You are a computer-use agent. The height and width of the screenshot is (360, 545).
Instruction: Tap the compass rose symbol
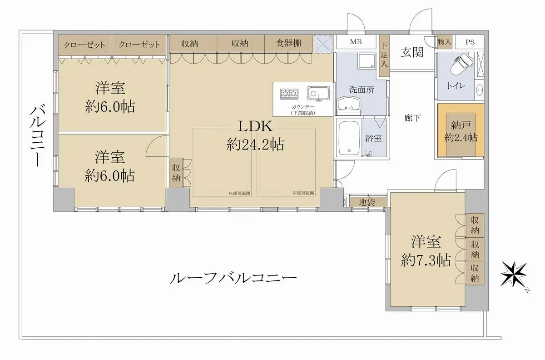click(x=514, y=275)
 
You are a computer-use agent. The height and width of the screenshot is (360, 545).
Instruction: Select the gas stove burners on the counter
click(x=289, y=94)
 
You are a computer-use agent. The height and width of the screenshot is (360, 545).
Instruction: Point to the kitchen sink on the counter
click(x=318, y=94)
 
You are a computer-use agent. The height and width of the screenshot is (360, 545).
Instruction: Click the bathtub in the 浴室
click(x=349, y=138)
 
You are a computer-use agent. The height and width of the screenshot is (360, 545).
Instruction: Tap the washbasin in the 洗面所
click(x=348, y=106)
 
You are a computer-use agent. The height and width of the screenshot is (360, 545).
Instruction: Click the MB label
click(x=356, y=42)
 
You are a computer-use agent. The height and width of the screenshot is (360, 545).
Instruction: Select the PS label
click(x=470, y=42)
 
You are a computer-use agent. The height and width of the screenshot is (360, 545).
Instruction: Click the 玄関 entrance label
click(x=412, y=53)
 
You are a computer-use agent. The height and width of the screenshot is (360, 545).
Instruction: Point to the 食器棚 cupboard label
click(x=288, y=43)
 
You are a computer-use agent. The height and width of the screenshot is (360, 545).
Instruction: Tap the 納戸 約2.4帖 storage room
click(x=461, y=131)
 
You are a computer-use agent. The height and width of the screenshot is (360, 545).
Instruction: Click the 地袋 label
click(x=367, y=202)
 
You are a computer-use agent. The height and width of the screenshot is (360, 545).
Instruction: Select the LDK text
click(x=255, y=126)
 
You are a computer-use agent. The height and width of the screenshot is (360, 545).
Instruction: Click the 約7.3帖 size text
click(x=426, y=261)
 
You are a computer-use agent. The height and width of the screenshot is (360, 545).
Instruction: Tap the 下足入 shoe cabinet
click(x=384, y=55)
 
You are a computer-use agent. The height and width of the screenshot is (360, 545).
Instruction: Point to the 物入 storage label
click(x=444, y=42)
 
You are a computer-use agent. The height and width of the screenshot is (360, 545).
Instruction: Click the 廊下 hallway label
click(x=412, y=118)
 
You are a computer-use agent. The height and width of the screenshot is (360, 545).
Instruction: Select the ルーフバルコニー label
click(x=233, y=278)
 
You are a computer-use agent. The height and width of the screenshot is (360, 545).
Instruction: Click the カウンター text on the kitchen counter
click(x=303, y=107)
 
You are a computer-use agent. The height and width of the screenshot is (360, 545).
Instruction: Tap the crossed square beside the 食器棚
click(x=323, y=44)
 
